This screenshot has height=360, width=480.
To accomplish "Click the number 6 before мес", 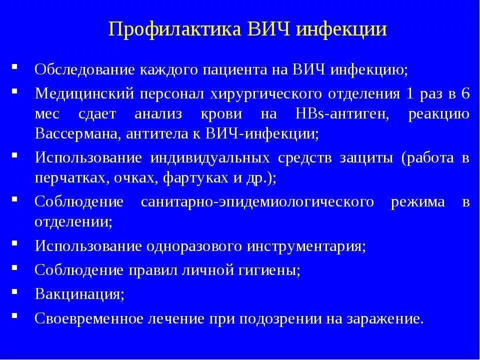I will click(x=465, y=94).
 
